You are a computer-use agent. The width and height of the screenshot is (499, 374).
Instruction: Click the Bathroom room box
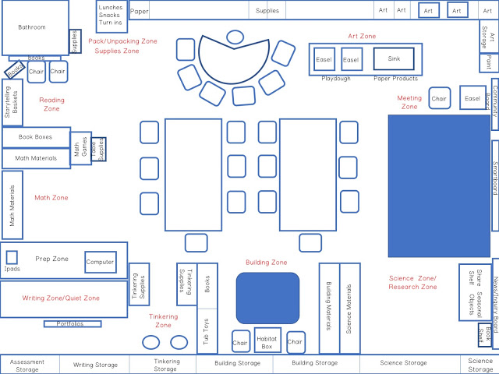click(x=34, y=27)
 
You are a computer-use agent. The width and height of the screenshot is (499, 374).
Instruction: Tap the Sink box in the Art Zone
click(x=394, y=58)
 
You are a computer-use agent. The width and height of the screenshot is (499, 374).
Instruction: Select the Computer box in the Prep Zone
click(x=100, y=262)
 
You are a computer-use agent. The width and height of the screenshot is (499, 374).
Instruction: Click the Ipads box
click(x=12, y=258)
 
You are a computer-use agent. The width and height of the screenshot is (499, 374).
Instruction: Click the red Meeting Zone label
click(x=409, y=102)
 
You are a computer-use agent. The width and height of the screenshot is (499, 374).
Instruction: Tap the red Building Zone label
click(x=267, y=263)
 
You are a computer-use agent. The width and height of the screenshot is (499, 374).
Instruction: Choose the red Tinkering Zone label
click(x=163, y=320)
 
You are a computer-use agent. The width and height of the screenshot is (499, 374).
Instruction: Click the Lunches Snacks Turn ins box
click(x=110, y=14)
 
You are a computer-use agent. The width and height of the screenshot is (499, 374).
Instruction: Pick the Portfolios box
click(x=73, y=323)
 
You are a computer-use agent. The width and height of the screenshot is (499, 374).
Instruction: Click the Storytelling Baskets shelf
click(x=12, y=102)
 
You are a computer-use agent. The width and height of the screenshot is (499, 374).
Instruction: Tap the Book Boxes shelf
click(x=36, y=137)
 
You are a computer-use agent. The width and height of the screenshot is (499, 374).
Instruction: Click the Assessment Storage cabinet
click(x=27, y=365)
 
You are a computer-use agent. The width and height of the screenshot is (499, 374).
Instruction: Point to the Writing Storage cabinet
click(x=95, y=365)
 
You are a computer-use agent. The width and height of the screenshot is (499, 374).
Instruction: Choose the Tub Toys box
click(x=207, y=331)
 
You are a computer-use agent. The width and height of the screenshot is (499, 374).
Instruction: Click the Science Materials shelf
click(x=350, y=308)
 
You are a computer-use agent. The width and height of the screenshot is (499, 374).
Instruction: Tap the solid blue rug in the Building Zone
click(x=267, y=298)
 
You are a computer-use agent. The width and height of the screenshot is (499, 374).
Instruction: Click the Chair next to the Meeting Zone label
click(x=439, y=98)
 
